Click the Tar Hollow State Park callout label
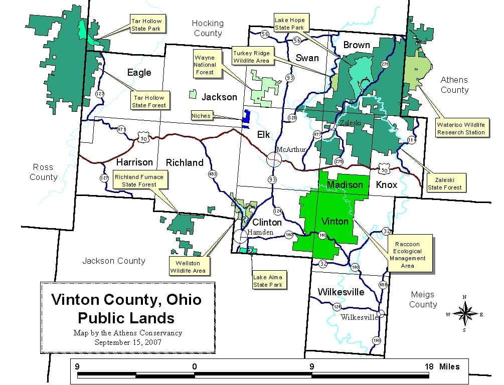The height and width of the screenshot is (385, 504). click(x=146, y=25)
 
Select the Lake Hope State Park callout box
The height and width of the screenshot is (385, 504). click(x=289, y=24)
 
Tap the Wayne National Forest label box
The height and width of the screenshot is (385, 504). click(x=205, y=65)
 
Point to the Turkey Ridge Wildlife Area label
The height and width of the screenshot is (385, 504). click(x=251, y=57)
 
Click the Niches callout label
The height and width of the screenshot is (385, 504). click(x=201, y=116)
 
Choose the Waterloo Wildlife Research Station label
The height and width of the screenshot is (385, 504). click(x=461, y=129)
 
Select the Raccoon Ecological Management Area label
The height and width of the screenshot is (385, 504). click(x=407, y=255)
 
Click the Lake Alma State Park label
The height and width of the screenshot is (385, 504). click(x=267, y=281)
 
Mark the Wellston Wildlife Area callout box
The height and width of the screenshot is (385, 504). click(x=188, y=267)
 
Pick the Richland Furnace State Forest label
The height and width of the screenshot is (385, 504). click(x=139, y=180)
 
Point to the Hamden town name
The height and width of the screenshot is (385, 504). click(x=261, y=233)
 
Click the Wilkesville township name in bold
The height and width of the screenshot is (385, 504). click(x=341, y=292)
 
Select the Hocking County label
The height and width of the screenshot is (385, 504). click(x=208, y=29)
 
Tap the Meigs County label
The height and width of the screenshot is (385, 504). click(x=422, y=299)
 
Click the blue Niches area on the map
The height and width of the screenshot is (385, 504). click(x=246, y=117)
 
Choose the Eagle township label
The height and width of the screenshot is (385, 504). click(x=139, y=73)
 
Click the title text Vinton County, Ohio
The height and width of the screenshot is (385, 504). click(x=126, y=300)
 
